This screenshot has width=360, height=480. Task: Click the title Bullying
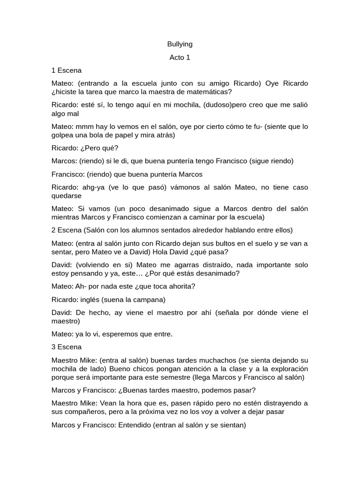[180, 44]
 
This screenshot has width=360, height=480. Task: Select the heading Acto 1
[180, 57]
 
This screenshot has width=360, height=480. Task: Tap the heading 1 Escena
[67, 70]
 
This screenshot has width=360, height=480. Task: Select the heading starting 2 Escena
[172, 230]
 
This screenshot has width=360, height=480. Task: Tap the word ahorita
[180, 286]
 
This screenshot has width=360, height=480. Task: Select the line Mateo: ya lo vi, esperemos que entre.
[112, 334]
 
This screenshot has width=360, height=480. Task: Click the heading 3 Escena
[67, 347]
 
